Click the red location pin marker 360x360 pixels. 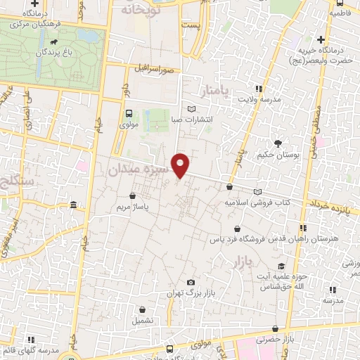[181, 165]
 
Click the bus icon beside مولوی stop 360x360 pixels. [128, 113]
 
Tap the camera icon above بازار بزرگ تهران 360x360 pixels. [191, 282]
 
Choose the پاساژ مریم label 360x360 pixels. [131, 209]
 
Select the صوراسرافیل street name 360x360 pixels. [154, 69]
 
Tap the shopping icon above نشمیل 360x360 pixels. [143, 309]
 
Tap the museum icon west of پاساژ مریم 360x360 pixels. [74, 205]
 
